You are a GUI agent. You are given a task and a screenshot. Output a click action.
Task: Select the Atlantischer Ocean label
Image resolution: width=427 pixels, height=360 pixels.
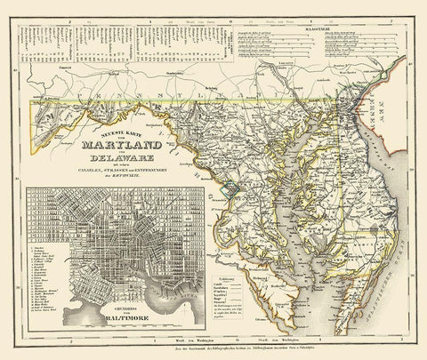[x=391, y=267]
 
